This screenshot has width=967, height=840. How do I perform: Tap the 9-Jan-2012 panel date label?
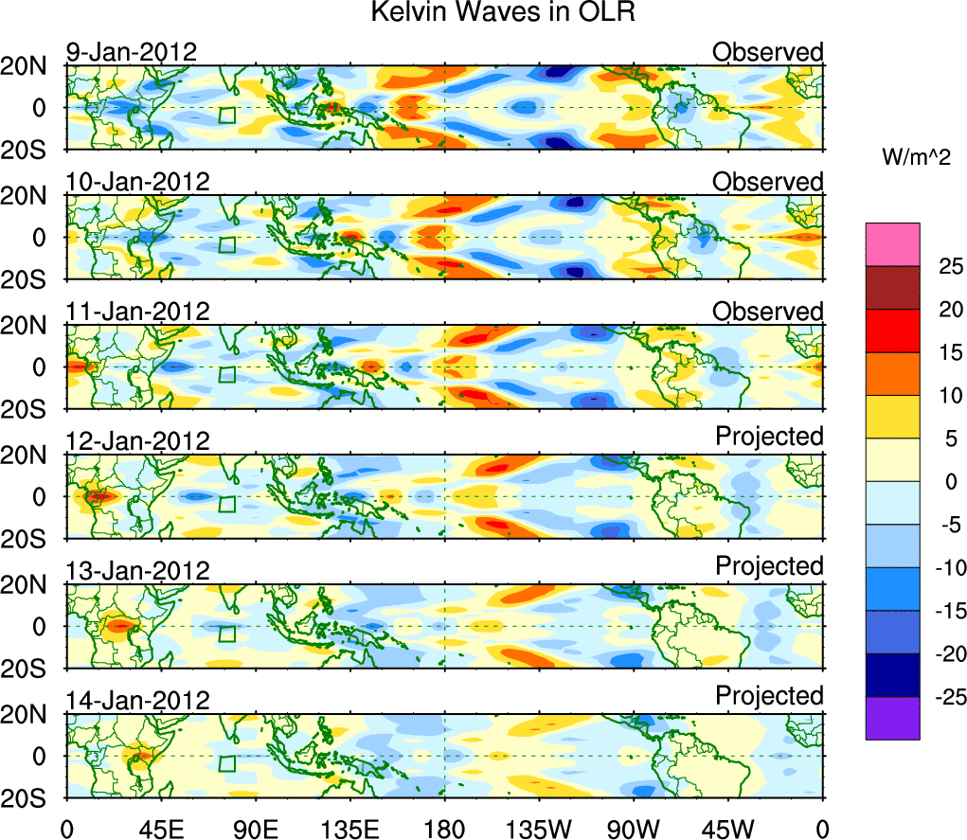(x=132, y=51)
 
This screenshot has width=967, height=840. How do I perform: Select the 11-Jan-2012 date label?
(x=137, y=311)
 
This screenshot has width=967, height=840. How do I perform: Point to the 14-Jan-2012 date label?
(x=137, y=700)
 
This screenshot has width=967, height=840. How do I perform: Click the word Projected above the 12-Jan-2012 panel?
(x=769, y=437)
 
